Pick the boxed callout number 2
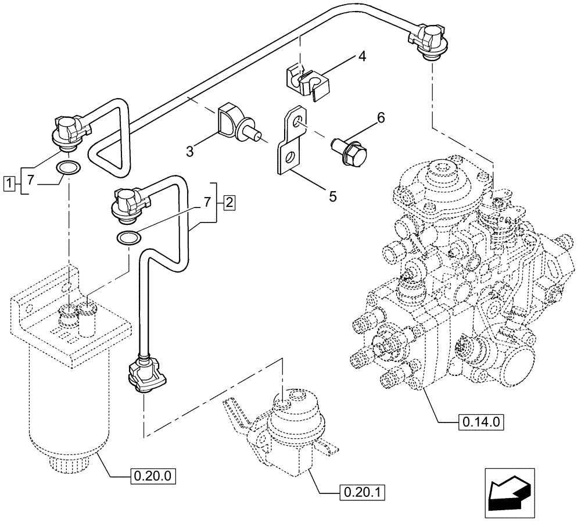pyautogui.click(x=229, y=203)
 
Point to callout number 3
pyautogui.click(x=190, y=152)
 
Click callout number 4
pyautogui.click(x=362, y=57)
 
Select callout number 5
pyautogui.click(x=332, y=196)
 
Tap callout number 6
pyautogui.click(x=381, y=118)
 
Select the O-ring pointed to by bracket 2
pyautogui.click(x=128, y=237)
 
